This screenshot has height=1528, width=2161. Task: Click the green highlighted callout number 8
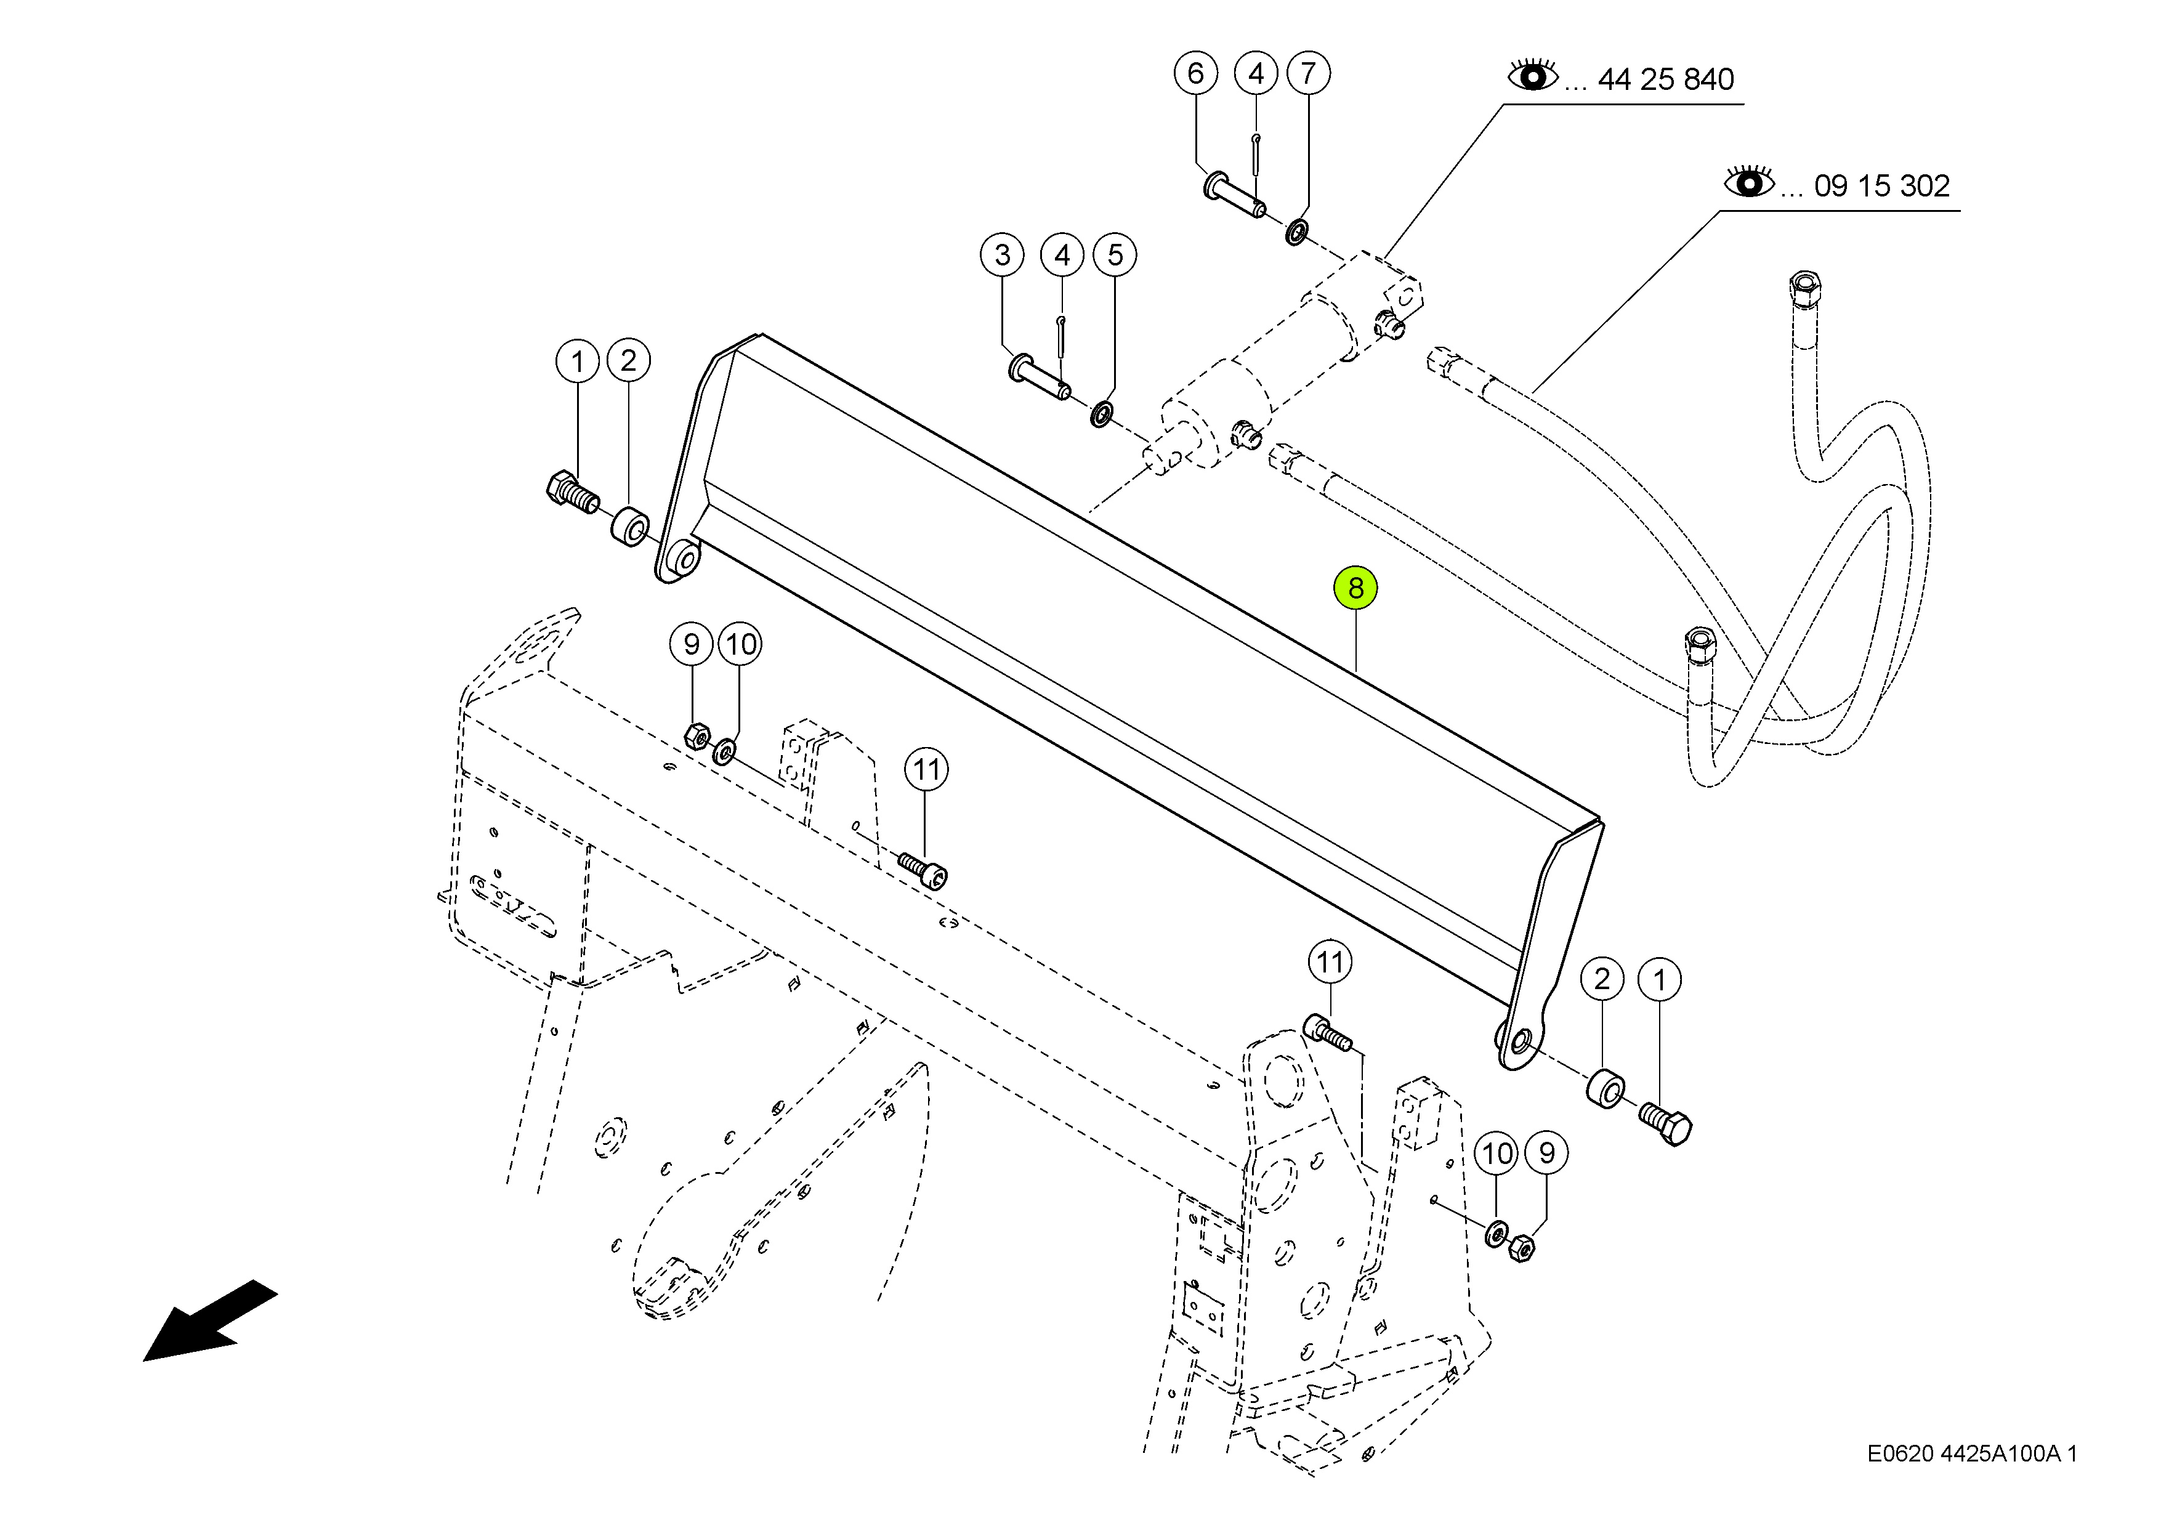pos(1355,588)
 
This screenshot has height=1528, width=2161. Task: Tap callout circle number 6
pos(1195,73)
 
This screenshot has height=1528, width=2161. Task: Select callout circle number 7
pos(1308,73)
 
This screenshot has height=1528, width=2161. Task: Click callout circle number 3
pos(1003,254)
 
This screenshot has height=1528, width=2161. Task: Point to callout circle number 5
pos(1115,254)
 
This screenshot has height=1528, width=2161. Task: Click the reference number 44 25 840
pos(1666,79)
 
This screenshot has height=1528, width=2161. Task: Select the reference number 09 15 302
pos(1883,185)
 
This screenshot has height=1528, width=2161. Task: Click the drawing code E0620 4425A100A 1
pos(1973,1453)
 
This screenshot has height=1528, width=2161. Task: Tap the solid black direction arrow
pos(210,1321)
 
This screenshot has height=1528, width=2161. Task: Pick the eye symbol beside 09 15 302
pos(1749,181)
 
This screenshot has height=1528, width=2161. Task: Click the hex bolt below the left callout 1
pos(572,491)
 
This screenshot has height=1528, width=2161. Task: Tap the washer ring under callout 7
pos(1296,232)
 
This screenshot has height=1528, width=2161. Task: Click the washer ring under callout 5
pos(1101,413)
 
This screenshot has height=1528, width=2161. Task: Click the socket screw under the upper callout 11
pos(923,870)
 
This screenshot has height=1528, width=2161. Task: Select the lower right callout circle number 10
pos(1498,1154)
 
